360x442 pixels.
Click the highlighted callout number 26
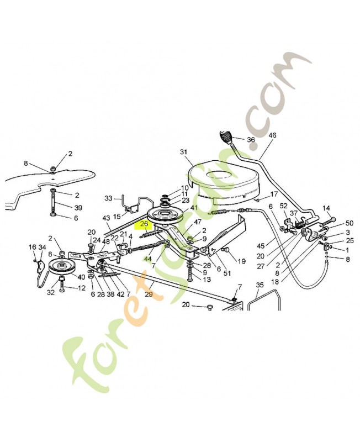point(145,224)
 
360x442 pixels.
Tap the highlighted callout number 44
point(147,259)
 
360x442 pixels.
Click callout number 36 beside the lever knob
point(251,140)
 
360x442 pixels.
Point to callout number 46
point(272,135)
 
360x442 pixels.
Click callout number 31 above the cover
point(184,152)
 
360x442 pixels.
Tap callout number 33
point(108,198)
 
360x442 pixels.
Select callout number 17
point(274,194)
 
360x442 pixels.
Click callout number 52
point(284,206)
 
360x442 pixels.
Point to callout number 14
point(326,208)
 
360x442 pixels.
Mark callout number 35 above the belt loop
point(260,285)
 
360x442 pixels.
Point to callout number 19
point(241,261)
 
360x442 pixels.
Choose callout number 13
point(207,279)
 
